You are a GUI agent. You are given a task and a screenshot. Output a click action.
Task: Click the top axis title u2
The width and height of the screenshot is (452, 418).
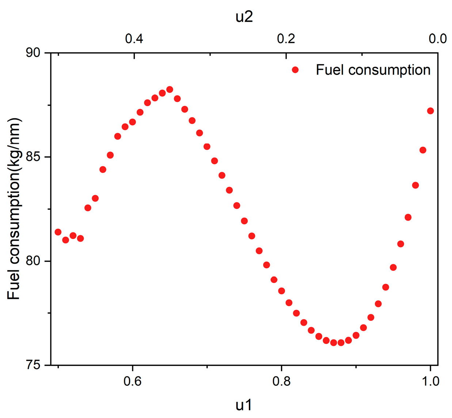(244, 17)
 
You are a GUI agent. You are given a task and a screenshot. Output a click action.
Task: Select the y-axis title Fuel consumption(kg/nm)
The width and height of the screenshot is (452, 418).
(14, 209)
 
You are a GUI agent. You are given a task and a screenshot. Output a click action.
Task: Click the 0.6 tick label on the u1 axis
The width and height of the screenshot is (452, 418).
(132, 381)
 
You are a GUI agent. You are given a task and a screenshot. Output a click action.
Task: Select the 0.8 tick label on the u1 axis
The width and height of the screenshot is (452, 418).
(281, 381)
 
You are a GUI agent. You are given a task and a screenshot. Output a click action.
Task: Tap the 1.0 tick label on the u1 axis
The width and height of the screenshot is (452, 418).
(430, 381)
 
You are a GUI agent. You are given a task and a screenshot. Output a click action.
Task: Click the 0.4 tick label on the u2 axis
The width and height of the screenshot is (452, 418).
(134, 38)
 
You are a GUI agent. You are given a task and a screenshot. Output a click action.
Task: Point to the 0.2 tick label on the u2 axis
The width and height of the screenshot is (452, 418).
(286, 38)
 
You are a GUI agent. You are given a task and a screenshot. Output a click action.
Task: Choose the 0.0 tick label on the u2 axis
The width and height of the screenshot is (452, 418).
(438, 38)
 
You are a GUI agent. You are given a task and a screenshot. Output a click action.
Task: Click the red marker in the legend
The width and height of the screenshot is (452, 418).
(295, 70)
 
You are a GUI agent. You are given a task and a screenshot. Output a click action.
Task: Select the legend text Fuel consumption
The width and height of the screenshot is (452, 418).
(373, 70)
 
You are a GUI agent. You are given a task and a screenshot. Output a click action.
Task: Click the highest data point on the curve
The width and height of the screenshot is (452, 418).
(170, 89)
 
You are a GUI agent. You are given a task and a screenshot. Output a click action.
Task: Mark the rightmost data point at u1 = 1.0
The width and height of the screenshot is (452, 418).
(430, 111)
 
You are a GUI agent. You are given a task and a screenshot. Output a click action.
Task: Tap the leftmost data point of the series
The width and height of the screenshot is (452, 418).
(58, 232)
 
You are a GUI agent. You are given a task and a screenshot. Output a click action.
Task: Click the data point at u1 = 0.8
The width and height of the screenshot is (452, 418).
(281, 291)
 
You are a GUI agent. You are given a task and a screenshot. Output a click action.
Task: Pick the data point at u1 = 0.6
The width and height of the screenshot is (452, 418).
(132, 122)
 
